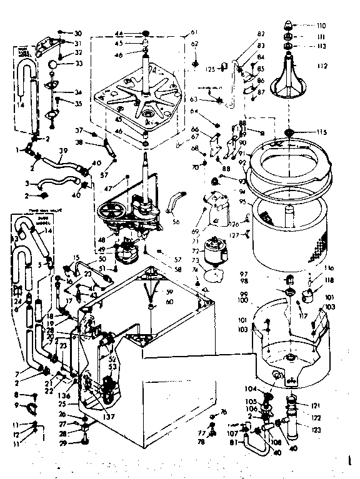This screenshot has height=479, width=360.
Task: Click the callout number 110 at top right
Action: [x=322, y=26]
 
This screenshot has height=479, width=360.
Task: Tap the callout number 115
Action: [x=322, y=132]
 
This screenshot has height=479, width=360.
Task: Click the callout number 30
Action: [x=78, y=33]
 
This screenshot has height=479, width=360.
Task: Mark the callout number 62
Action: [x=194, y=44]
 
